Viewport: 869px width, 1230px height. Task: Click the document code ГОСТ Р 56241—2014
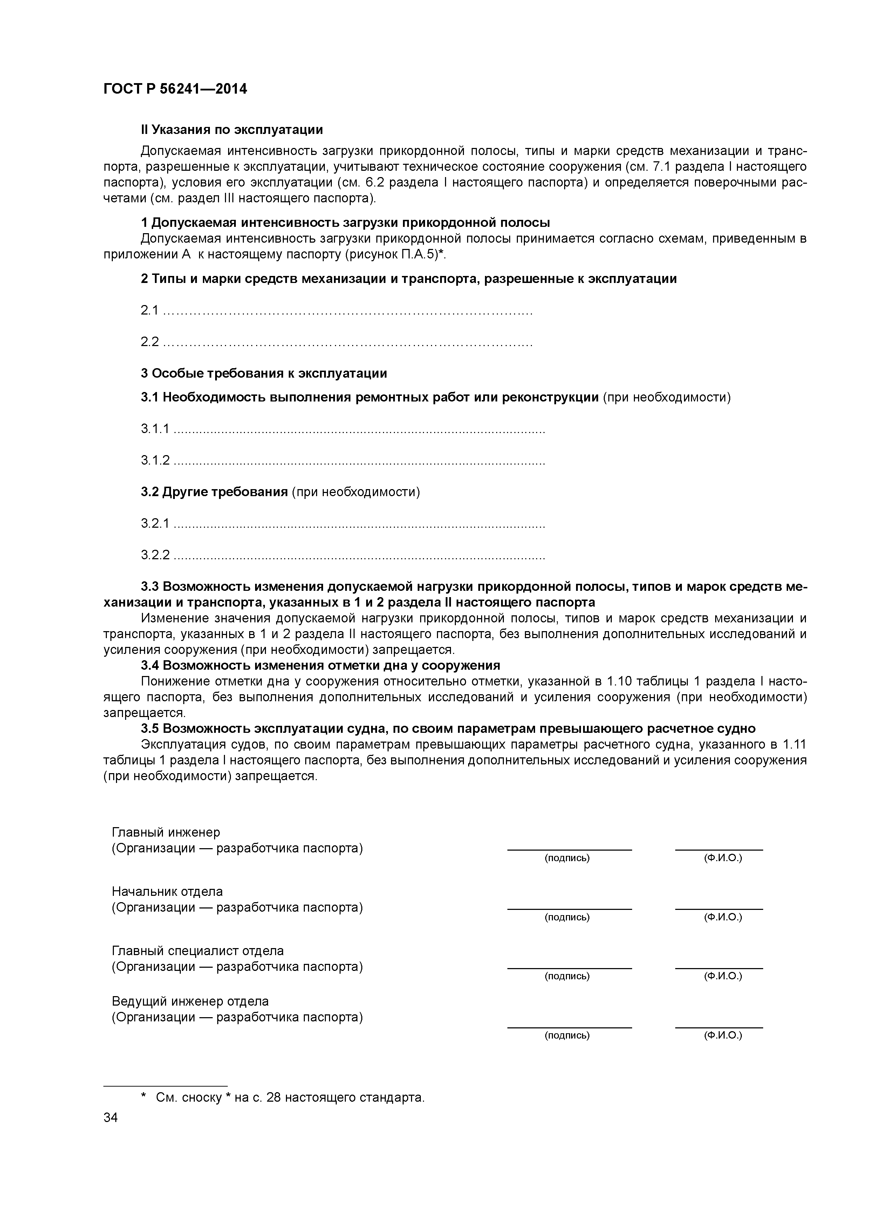[175, 89]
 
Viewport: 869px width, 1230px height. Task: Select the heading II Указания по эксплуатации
[232, 130]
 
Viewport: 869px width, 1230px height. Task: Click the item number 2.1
[149, 310]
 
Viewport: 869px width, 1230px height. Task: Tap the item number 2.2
[149, 342]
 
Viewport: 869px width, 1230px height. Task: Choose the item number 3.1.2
[155, 460]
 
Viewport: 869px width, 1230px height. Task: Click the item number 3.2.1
[155, 523]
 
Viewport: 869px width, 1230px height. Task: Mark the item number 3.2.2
[155, 555]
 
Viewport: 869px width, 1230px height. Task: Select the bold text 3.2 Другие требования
[214, 492]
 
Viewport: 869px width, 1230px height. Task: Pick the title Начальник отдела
[167, 891]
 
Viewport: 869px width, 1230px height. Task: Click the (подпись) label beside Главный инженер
[567, 858]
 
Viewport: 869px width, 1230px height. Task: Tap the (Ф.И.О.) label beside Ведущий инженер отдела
[723, 1035]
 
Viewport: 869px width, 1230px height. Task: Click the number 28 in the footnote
[273, 1098]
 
